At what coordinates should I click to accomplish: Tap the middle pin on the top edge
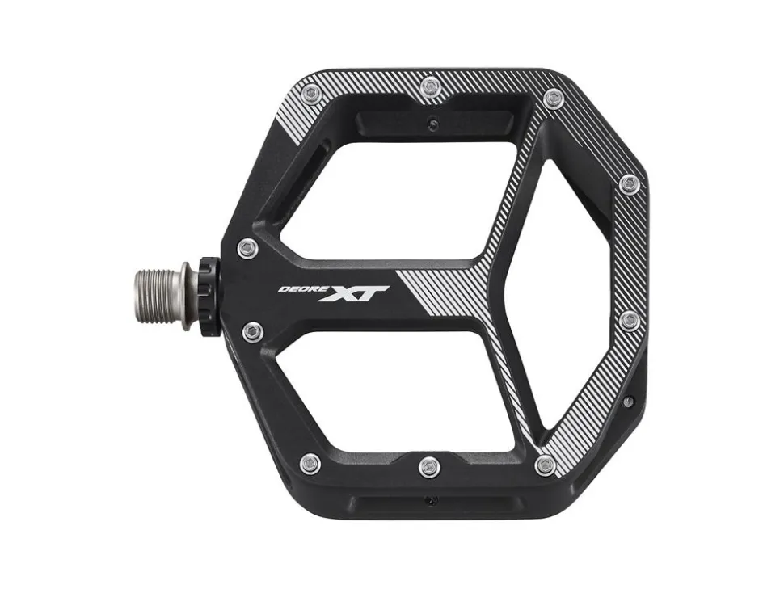point(429,86)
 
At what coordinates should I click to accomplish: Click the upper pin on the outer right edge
point(630,184)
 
